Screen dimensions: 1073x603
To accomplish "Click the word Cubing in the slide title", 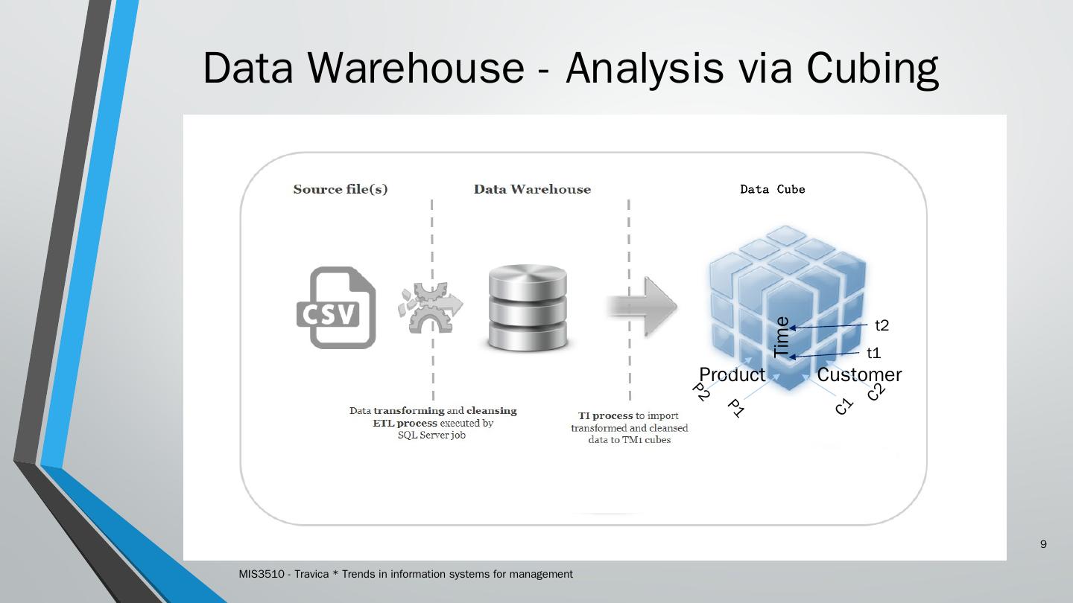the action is point(873,68).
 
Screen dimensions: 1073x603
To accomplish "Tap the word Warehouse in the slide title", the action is point(416,68).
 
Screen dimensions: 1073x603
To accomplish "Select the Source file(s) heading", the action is point(341,190).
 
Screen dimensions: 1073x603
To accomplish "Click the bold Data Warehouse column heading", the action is point(532,189).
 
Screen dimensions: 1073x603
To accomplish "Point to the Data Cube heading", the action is point(773,190).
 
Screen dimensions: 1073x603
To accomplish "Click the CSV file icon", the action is point(336,307).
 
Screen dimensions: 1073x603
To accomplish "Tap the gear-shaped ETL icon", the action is point(430,307).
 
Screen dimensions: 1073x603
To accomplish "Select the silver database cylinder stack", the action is point(528,307).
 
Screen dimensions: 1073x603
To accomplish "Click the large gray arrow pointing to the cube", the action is point(642,306).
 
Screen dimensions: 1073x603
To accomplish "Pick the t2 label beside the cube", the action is point(882,325).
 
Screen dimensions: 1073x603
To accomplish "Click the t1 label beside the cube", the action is point(874,353).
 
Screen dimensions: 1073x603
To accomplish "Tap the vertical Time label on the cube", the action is point(782,337).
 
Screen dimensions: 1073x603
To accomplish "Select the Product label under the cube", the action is point(732,374).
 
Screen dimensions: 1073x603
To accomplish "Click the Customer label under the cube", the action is point(859,374).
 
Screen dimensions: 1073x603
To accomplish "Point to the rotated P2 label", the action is point(700,392).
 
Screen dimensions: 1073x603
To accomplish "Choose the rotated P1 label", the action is point(735,408).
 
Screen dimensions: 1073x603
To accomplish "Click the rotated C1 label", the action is point(844,406).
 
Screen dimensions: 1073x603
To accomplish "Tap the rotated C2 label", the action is point(876,392).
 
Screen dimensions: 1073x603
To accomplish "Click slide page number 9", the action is point(1043,544).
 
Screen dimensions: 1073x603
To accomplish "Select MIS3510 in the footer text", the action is point(262,574).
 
